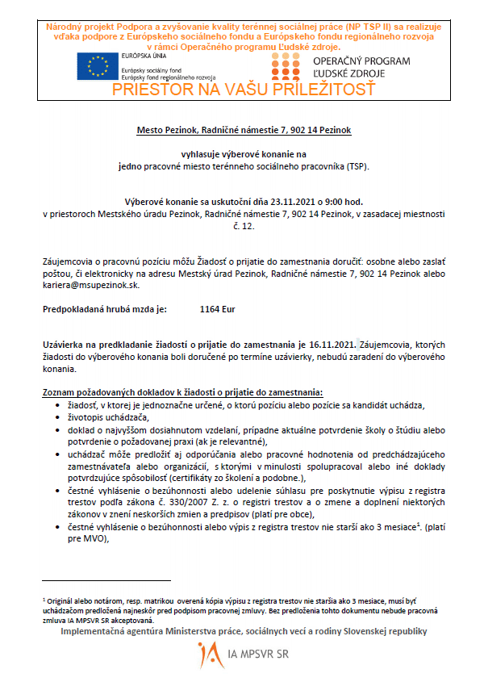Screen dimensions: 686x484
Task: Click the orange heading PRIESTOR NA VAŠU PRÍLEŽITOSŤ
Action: point(244,90)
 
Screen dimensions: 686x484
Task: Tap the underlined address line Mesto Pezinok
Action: point(244,129)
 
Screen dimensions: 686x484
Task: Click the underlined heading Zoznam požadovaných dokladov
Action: point(181,391)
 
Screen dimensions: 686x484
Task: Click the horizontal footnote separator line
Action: point(106,579)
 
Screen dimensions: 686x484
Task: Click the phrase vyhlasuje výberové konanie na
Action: point(244,153)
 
